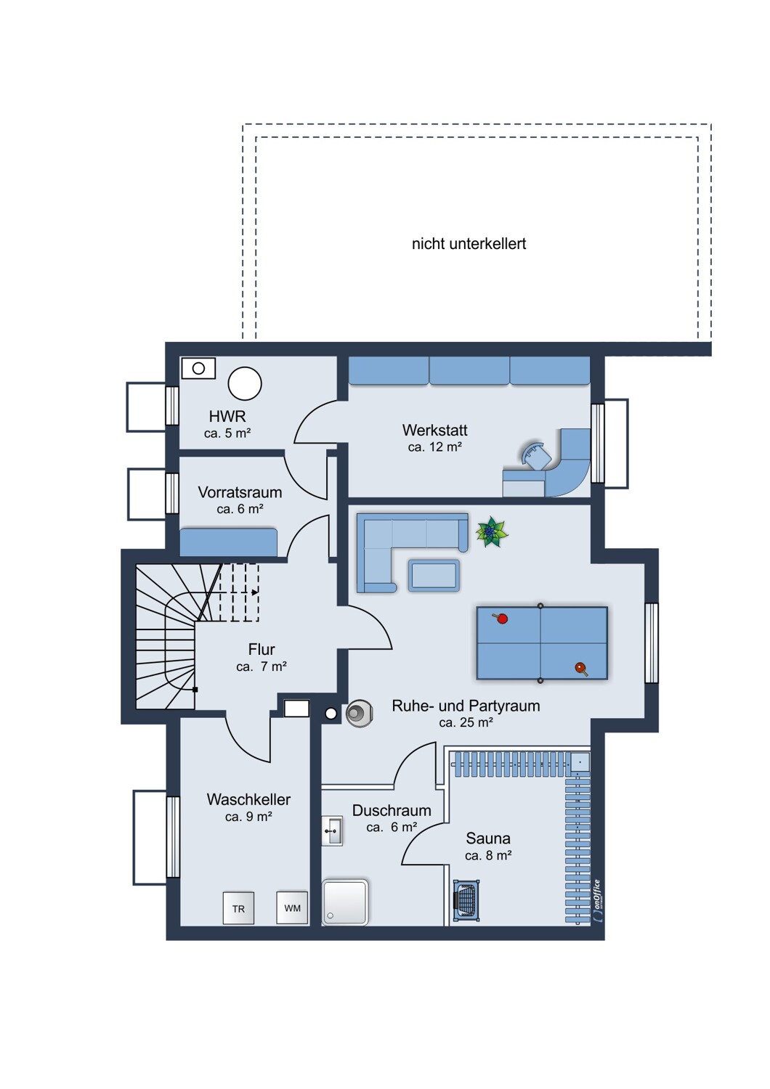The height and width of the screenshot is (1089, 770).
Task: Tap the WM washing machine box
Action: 292,907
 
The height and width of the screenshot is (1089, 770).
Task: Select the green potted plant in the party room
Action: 492,532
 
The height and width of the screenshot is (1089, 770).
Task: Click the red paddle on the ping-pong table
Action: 500,618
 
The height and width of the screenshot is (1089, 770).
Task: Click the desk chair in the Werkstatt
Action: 536,456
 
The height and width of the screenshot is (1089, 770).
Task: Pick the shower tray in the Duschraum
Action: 345,902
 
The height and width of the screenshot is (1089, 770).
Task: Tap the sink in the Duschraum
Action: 333,831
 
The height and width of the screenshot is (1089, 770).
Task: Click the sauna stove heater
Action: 466,900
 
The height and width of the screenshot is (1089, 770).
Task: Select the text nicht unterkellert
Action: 469,243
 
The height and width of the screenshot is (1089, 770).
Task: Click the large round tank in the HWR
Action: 245,383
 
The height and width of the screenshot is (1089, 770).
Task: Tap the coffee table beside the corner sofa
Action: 434,576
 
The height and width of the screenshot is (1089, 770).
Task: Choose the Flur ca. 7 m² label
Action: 262,658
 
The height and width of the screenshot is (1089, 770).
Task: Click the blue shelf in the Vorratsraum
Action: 229,542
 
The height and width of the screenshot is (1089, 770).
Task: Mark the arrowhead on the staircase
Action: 255,592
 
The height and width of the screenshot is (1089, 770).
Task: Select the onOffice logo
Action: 597,901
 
